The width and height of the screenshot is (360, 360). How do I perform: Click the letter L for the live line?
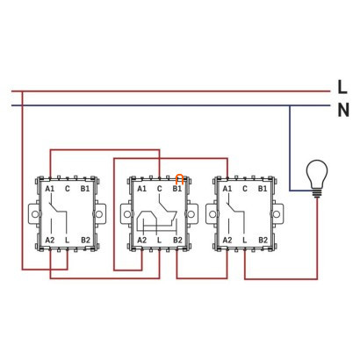point(342,87)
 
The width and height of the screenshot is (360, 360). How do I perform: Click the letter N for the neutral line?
point(343,111)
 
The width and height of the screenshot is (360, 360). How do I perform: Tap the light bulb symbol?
point(317,178)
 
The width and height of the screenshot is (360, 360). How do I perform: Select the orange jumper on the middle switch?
point(179,179)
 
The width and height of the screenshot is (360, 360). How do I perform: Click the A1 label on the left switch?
point(50,189)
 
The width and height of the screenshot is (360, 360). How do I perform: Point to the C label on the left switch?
point(68,189)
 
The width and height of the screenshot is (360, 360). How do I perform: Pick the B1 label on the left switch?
point(85,189)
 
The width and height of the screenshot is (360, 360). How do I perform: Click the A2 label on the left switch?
point(50,241)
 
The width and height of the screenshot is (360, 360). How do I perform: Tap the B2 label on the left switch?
point(85,241)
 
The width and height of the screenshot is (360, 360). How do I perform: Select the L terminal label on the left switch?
point(68,241)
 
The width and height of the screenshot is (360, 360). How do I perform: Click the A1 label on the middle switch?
point(142,189)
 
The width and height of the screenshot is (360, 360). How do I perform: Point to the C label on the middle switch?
point(159,189)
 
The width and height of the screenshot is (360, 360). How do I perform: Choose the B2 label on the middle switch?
point(177,241)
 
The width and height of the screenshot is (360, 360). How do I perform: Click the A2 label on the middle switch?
point(142,241)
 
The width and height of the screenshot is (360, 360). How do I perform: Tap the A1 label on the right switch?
point(227,189)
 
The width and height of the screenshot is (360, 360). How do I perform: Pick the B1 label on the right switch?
point(263,189)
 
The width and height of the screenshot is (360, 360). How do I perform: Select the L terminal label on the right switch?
point(245,241)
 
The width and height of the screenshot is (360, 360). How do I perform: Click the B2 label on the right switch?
point(263,241)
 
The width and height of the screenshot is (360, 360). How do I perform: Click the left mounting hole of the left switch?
point(35,214)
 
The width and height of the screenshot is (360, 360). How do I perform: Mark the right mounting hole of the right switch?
point(277,214)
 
